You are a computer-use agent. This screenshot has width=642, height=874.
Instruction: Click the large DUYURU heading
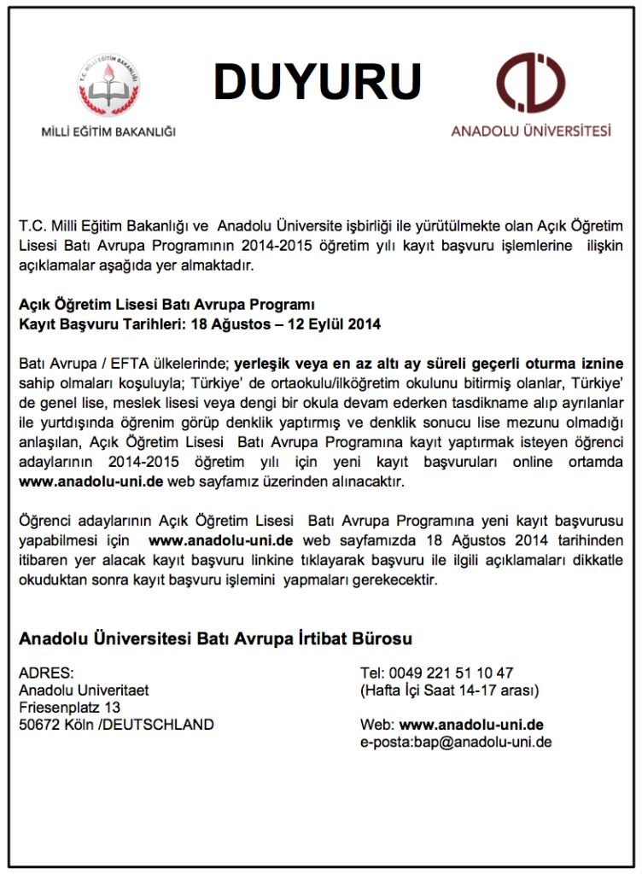tap(317, 82)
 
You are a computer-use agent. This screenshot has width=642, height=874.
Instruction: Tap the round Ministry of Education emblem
tap(108, 84)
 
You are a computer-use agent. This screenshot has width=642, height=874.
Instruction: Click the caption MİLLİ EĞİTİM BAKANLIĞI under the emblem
tap(108, 131)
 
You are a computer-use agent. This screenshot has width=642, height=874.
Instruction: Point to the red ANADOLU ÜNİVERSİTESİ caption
tap(531, 131)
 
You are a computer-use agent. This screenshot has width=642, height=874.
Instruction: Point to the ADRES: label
tap(46, 673)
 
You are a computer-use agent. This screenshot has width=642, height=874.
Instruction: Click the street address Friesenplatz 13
tap(69, 708)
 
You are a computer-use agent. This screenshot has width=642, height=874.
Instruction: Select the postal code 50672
tap(39, 725)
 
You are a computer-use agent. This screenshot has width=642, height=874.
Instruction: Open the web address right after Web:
tap(471, 725)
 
